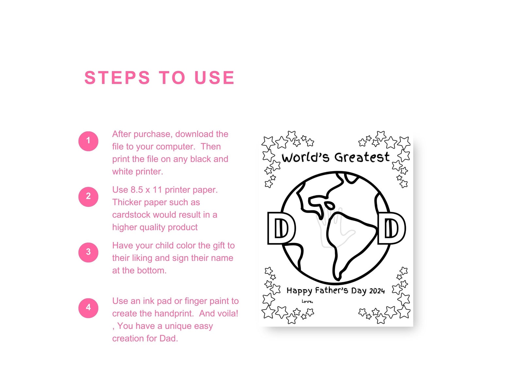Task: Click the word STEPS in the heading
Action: (x=117, y=77)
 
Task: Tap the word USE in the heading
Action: (x=214, y=77)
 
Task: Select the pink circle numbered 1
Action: (x=88, y=141)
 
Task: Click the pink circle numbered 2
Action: (x=88, y=197)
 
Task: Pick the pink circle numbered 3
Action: (x=88, y=252)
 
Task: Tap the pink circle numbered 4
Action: (x=88, y=308)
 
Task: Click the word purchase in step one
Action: (x=153, y=134)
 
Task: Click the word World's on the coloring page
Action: (x=305, y=157)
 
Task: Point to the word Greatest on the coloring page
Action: (x=362, y=157)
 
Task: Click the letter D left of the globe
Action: (x=281, y=228)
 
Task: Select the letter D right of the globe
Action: (x=391, y=228)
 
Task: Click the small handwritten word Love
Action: (x=307, y=301)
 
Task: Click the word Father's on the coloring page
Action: (x=331, y=290)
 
